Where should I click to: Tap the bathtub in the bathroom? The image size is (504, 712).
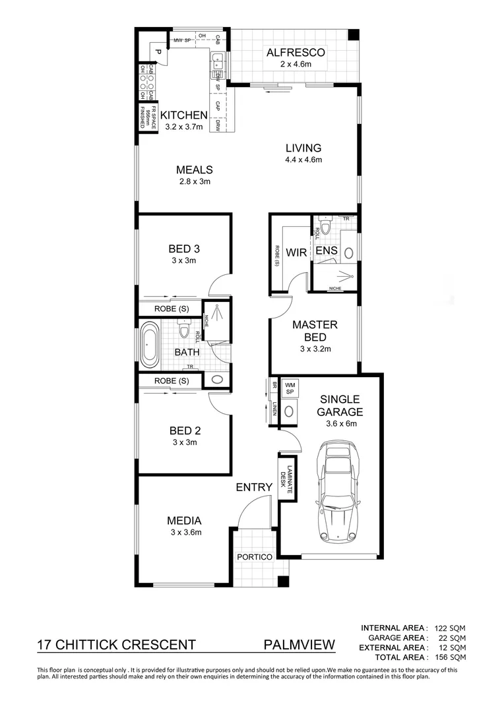149,345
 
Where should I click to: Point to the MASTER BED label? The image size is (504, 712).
315,331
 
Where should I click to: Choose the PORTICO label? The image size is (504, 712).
254,557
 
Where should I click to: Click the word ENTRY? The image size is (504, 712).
254,487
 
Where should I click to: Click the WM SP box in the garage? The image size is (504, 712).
289,388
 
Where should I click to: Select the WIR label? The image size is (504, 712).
297,251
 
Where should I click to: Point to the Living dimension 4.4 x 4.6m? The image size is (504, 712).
303,160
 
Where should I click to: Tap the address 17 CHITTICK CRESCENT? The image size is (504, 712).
116,645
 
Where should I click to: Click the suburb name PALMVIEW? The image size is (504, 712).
299,645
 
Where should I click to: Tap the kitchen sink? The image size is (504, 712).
218,63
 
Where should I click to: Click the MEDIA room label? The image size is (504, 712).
184,520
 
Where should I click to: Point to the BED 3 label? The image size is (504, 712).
184,249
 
